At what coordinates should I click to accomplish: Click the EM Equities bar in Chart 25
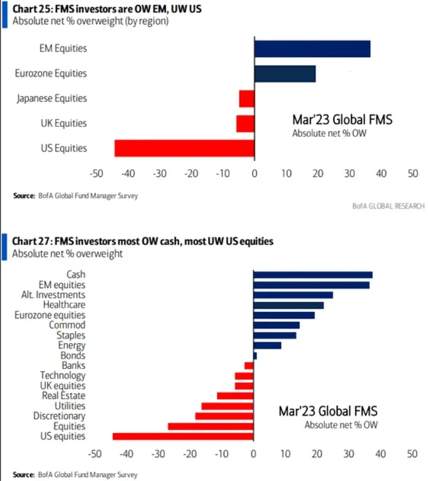coord(312,49)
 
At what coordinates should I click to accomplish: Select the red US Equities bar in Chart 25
coord(185,148)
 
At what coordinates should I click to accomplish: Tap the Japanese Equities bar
coord(247,98)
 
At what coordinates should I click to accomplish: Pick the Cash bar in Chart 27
coord(313,275)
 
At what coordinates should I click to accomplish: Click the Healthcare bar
coord(288,305)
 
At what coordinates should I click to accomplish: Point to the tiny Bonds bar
coord(255,355)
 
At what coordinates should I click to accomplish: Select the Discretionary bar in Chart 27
coord(224,416)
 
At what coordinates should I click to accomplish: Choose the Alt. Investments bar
coord(293,295)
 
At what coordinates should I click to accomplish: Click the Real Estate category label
coord(66,395)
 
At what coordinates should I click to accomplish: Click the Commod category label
coord(68,325)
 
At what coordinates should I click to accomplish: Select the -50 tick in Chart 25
coord(96,174)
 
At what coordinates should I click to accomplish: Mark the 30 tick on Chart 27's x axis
coord(348,454)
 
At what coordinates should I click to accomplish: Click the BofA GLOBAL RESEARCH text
coord(388,206)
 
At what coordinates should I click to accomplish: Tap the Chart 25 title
coord(97,8)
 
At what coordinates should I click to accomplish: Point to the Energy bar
coord(267,345)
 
